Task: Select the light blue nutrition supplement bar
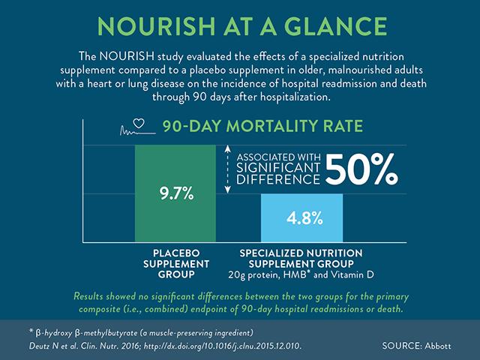click(x=304, y=217)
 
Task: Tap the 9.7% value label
click(x=177, y=194)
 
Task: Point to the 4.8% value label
click(x=304, y=219)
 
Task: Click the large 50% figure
click(x=360, y=169)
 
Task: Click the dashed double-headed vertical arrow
click(x=228, y=171)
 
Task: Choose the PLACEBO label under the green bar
click(x=177, y=253)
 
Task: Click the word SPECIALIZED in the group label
click(x=278, y=253)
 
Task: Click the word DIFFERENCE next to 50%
click(x=277, y=181)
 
